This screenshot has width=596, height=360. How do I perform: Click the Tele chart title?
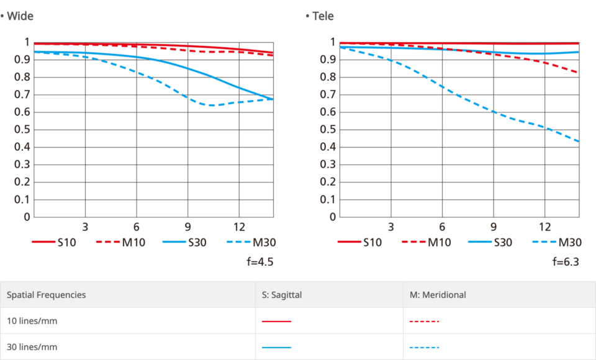tap(322, 16)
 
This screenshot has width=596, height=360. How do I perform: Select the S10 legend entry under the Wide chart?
tap(66, 242)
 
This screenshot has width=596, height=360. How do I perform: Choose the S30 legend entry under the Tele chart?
tap(503, 242)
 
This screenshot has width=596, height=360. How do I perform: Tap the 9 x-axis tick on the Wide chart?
tap(187, 226)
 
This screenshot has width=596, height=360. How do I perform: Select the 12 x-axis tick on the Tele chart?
tap(544, 226)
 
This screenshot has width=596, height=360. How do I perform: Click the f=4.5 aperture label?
tap(260, 261)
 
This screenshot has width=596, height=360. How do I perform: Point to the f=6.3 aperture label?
tap(566, 261)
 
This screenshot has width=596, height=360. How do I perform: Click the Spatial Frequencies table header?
tap(47, 295)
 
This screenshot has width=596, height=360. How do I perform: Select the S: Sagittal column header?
tap(282, 295)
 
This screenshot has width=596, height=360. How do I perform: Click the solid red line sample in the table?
tap(276, 322)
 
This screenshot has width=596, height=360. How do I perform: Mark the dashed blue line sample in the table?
tap(425, 348)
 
